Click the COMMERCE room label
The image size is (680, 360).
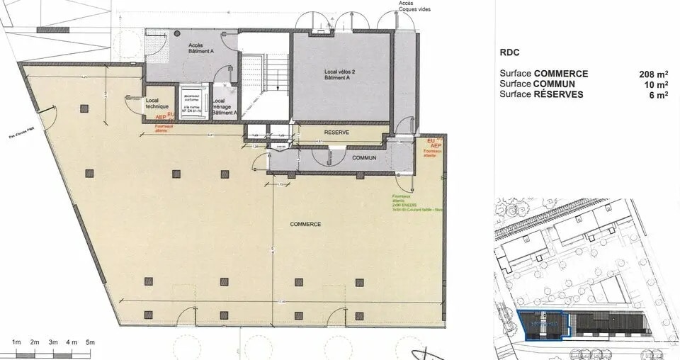point(305,224)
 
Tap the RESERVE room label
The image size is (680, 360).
point(339,133)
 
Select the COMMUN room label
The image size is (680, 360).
point(365,157)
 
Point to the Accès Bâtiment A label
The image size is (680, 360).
point(195,49)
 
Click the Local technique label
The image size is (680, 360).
point(157,103)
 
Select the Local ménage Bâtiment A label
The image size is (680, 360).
point(225,106)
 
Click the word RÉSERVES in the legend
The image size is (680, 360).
point(559,95)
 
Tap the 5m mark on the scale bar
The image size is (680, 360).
point(89,343)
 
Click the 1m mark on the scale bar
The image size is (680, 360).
point(16,343)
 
